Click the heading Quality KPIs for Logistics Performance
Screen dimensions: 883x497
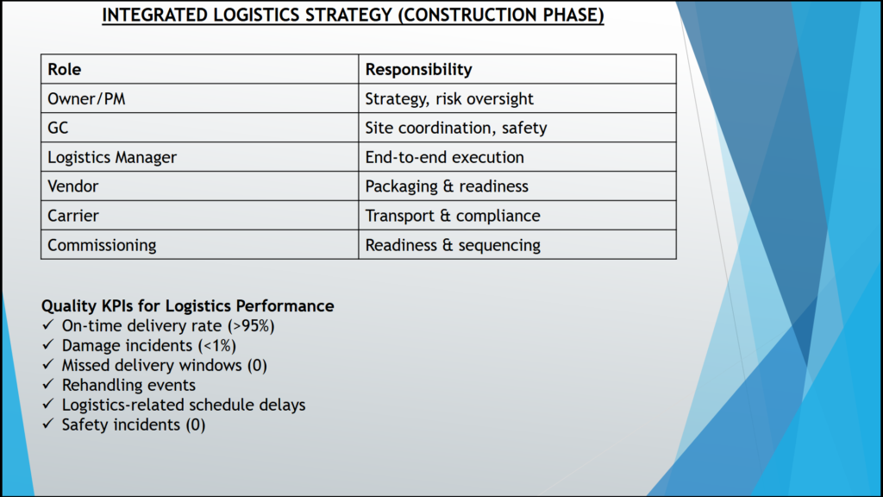pyautogui.click(x=187, y=306)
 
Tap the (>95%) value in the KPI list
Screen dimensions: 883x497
pyautogui.click(x=251, y=325)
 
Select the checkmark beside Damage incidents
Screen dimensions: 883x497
pyautogui.click(x=48, y=344)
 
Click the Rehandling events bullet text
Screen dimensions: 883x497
pyautogui.click(x=128, y=385)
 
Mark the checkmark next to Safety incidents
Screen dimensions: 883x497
pyautogui.click(x=48, y=423)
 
